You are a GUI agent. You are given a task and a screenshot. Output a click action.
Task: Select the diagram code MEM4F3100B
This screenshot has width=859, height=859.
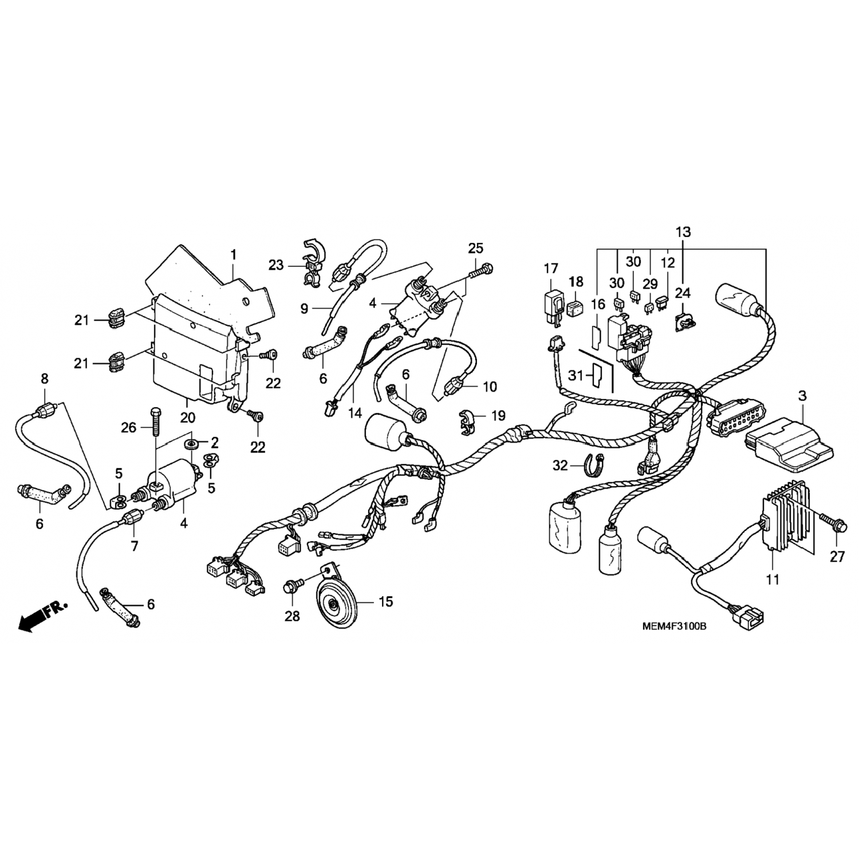coord(673,626)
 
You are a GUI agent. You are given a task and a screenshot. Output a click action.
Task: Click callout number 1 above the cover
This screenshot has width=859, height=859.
coord(234,254)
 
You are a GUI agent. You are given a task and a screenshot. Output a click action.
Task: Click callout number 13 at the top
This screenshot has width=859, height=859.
coord(683,232)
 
